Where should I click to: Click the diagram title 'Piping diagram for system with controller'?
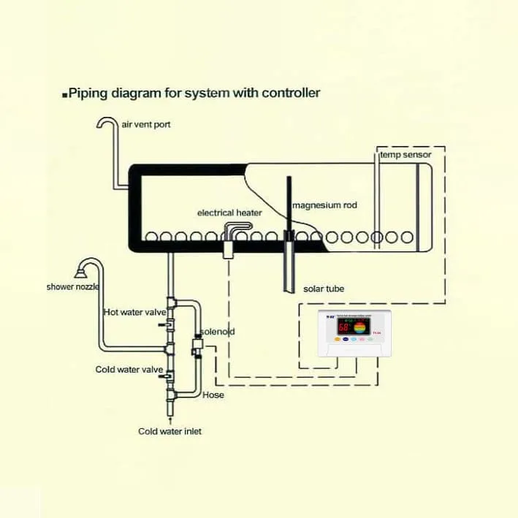coord(194,94)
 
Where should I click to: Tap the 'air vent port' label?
coord(146,125)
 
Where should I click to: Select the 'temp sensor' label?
coord(405,155)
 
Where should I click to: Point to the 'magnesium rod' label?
coord(324,205)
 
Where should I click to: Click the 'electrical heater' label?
coord(229,213)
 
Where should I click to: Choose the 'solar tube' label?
coord(324,289)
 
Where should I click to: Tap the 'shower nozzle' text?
coord(72,286)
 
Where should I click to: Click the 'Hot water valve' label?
coord(134,312)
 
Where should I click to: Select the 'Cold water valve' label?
coord(129,370)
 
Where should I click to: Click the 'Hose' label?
coord(213,395)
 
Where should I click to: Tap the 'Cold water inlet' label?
coord(170,431)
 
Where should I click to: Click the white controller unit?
coord(354,333)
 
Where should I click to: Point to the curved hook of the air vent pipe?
coord(107,123)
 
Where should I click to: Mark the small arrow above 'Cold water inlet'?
coord(170,419)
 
